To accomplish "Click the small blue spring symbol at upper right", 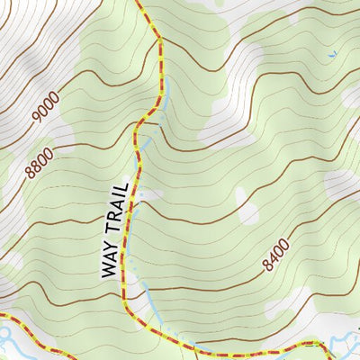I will tap(331, 55).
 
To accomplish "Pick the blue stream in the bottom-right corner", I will tap(344, 343).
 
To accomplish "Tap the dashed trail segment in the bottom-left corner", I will tap(36, 337).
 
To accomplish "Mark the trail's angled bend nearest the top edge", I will tap(160, 40).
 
